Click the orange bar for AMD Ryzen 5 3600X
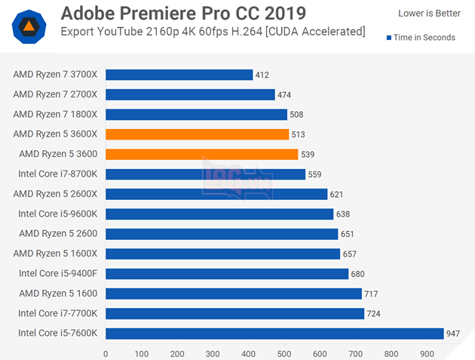tap(197, 134)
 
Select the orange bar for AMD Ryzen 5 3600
tap(201, 154)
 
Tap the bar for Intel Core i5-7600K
tap(274, 333)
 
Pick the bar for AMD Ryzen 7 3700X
tap(179, 75)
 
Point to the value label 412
tap(262, 75)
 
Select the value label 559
tap(314, 174)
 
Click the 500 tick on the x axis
tap(283, 352)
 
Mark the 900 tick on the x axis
tap(426, 352)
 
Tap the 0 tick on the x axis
tap(106, 352)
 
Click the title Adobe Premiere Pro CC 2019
tap(183, 14)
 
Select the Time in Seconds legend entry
tap(421, 37)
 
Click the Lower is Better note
tap(428, 13)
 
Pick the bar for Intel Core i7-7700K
tap(234, 313)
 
